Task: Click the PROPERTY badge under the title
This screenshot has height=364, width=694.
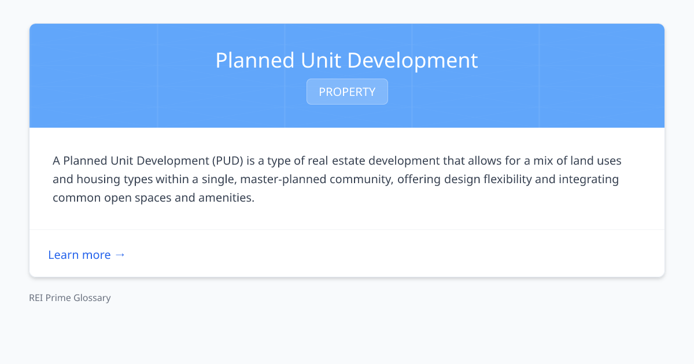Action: click(x=347, y=92)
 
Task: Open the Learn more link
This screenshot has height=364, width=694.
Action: click(x=79, y=255)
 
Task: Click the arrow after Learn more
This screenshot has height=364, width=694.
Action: click(x=120, y=255)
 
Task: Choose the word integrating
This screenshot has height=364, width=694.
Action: click(x=589, y=179)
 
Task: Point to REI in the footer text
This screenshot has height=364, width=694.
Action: click(x=36, y=298)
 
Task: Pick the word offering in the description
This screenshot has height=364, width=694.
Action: click(x=418, y=179)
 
